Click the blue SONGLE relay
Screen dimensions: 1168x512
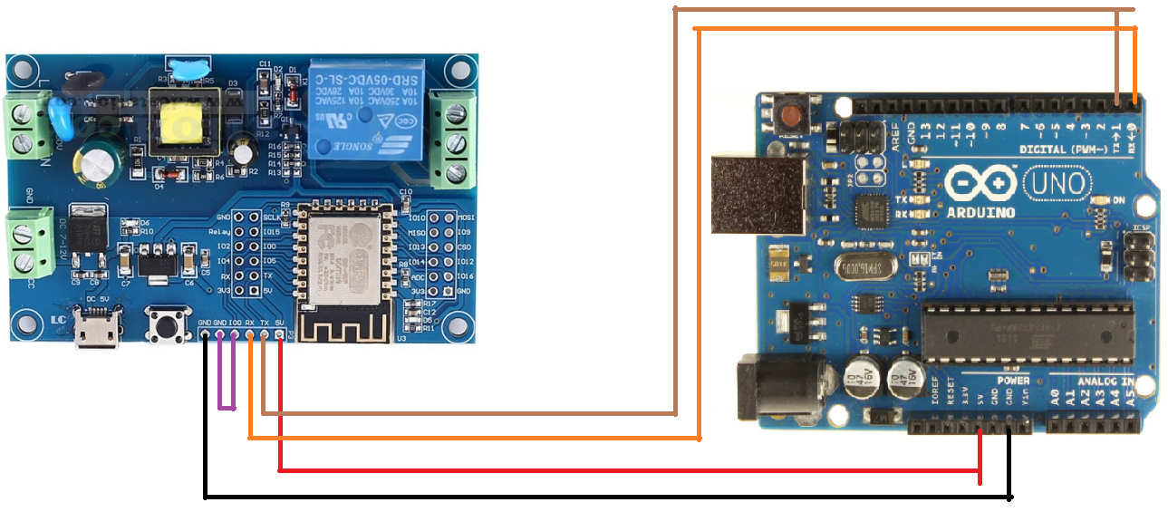click(x=363, y=109)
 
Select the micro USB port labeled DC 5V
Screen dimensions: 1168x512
click(x=99, y=332)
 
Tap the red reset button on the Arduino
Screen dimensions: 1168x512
click(x=791, y=116)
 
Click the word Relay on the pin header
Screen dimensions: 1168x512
click(x=218, y=232)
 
